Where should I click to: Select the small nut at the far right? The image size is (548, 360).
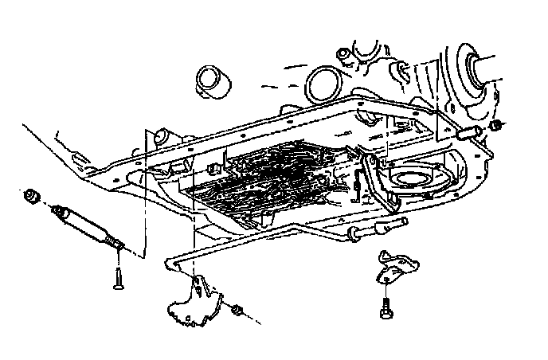click(x=497, y=127)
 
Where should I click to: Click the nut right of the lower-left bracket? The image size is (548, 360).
click(x=237, y=308)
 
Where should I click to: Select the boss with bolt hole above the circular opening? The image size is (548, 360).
click(x=342, y=55)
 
